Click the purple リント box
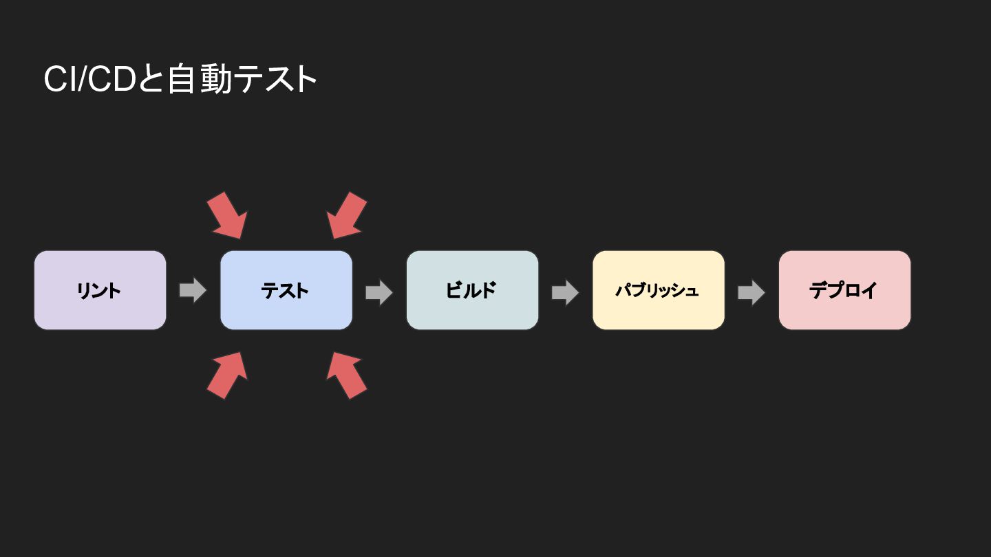100,290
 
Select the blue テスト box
286,290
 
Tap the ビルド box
473,290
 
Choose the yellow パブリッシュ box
659,290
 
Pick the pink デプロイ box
845,290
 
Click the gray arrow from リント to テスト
193,290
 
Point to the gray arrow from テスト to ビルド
379,292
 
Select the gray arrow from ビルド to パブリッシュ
566,292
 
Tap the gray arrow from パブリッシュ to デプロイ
752,292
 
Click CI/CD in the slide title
89,79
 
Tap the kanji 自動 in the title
200,79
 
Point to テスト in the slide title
275,79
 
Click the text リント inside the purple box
98,291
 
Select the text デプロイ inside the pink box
843,290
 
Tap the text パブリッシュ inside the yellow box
657,290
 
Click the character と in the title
151,79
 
